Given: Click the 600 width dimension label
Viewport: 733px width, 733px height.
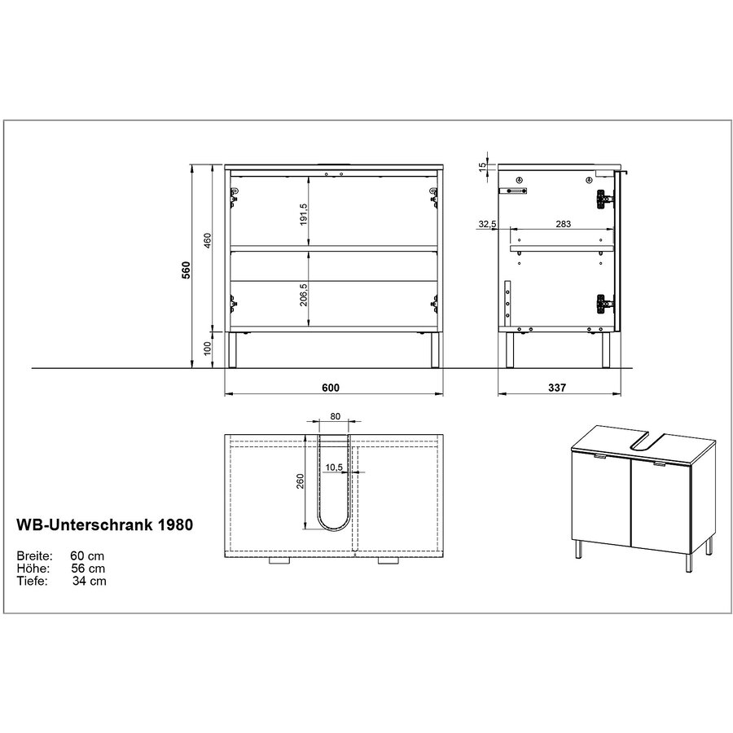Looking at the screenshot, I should click(x=330, y=388).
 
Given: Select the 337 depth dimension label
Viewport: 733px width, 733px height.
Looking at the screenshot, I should click(x=557, y=388).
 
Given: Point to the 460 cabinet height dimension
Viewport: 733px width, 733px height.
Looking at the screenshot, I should click(x=208, y=242).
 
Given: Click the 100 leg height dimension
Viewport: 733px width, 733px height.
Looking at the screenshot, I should click(x=208, y=349).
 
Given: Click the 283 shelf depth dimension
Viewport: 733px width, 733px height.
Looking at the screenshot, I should click(x=561, y=223).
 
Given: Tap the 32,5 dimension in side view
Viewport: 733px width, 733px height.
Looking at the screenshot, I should click(x=488, y=223).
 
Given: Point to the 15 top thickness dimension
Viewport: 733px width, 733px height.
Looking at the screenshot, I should click(x=482, y=165).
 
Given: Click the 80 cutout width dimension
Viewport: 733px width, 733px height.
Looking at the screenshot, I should click(x=336, y=416).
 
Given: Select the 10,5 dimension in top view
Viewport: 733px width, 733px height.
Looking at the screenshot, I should click(x=333, y=467).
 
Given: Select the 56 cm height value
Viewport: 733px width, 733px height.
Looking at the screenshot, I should click(x=87, y=568).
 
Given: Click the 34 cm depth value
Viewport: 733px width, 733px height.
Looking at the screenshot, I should click(x=87, y=581).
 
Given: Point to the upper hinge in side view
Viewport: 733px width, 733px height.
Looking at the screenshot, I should click(x=603, y=198).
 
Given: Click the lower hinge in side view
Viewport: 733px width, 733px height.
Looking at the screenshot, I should click(x=603, y=302).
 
